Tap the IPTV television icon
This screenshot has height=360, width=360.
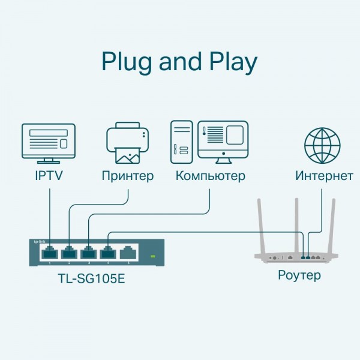coord(48,143)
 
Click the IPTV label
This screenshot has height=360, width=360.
coord(48,176)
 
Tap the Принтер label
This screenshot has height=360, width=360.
coord(127,176)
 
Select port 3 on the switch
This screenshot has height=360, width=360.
coord(89,253)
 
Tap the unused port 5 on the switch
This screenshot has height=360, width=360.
coord(127,253)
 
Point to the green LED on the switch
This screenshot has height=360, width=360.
coord(152,257)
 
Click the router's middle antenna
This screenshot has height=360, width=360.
coord(295,225)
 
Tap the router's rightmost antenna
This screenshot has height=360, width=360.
coord(331,225)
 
